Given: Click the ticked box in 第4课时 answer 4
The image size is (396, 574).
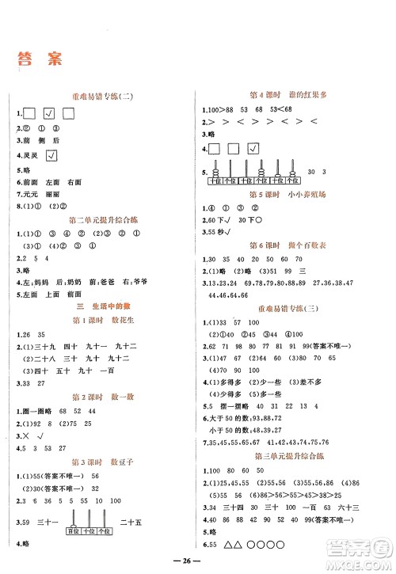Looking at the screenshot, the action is click(253, 148).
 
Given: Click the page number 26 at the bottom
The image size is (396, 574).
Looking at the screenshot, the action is click(198, 564).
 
